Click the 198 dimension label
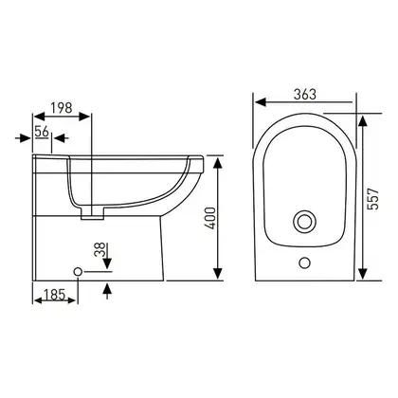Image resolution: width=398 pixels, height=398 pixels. coord(62,108)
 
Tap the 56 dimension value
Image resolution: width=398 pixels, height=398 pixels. coord(42,132)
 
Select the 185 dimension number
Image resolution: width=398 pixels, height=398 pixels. coord(54,295)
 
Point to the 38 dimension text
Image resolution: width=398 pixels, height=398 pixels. coord(100,250)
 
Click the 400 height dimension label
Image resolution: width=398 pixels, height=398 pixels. coord(210,218)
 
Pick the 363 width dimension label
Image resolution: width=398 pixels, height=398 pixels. coord(305,94)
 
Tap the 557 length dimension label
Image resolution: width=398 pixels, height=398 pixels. coord(373,199)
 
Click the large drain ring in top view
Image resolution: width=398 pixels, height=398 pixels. coord(304,221)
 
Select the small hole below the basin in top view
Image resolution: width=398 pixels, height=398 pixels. coord(304,262)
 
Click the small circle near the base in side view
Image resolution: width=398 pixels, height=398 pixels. coord(78,271)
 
